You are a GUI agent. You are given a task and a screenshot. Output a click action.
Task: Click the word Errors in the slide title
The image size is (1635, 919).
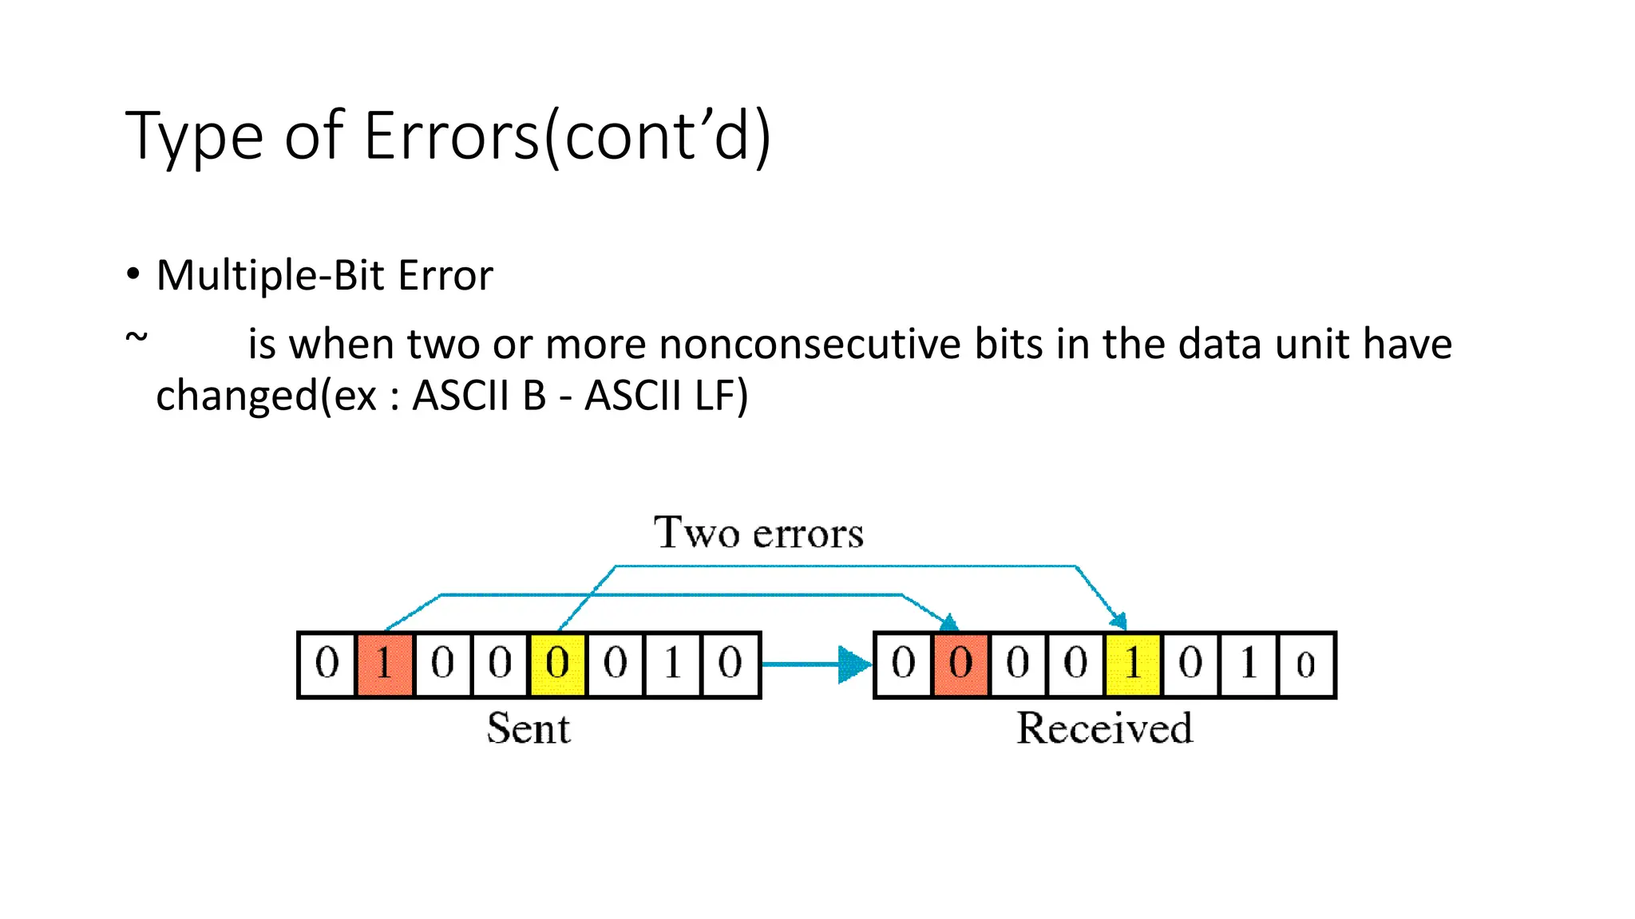[452, 136]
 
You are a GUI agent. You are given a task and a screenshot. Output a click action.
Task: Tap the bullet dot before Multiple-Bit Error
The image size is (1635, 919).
[133, 274]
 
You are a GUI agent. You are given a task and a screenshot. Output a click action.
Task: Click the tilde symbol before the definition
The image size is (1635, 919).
[137, 337]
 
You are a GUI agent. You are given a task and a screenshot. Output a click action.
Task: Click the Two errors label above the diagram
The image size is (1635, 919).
[758, 533]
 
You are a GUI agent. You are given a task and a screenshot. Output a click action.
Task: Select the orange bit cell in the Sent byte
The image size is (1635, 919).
[385, 664]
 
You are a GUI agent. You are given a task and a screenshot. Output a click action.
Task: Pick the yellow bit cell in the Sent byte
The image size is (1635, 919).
[557, 664]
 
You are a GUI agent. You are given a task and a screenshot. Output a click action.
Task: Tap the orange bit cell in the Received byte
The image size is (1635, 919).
[960, 664]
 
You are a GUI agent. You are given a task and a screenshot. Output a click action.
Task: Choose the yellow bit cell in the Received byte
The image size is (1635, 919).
[1133, 664]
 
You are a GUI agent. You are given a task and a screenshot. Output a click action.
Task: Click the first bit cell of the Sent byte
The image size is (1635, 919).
[327, 664]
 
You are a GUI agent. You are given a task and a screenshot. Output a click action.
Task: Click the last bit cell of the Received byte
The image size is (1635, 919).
[1305, 664]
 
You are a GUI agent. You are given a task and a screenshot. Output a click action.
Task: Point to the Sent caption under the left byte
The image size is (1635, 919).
[529, 728]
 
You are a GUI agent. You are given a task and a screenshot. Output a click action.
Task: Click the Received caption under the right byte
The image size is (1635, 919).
[1104, 728]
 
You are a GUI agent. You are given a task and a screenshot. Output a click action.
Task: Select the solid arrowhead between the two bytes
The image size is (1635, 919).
[854, 665]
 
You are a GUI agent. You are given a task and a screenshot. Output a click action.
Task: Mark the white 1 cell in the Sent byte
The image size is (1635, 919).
[672, 664]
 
